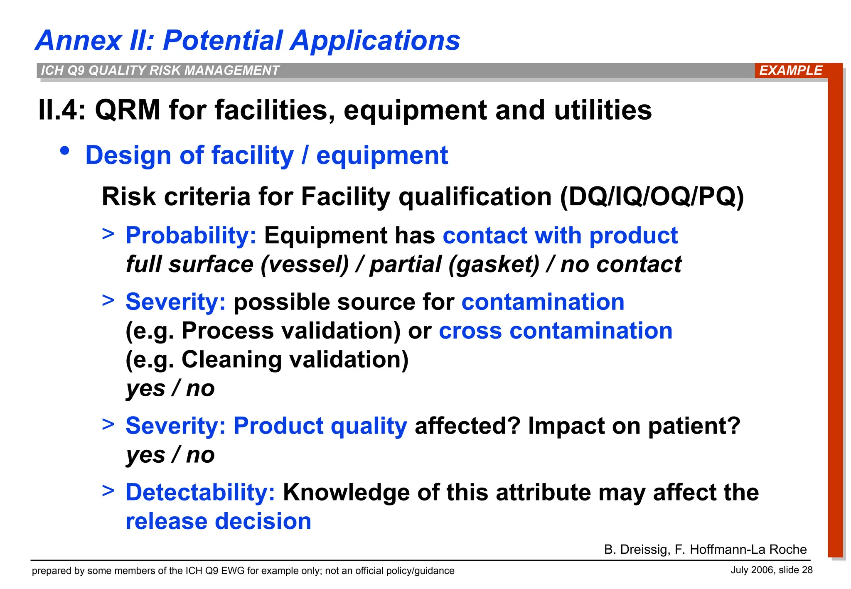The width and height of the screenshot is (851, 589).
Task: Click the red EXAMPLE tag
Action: click(790, 70)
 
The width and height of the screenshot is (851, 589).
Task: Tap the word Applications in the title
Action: click(375, 41)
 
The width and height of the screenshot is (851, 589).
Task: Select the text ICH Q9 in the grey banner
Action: click(64, 70)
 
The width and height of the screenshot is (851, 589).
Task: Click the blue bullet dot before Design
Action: click(64, 151)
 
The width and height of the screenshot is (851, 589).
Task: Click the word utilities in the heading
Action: click(603, 110)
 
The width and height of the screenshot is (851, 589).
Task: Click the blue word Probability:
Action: click(191, 236)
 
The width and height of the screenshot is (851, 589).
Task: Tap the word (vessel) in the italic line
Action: click(305, 265)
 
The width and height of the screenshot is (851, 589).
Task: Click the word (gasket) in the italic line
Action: click(494, 265)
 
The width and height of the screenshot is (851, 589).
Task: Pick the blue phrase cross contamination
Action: click(555, 331)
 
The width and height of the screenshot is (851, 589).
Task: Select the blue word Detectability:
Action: click(200, 492)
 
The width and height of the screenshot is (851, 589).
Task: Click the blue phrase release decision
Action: click(218, 521)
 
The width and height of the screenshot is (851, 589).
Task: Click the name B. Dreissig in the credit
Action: click(636, 550)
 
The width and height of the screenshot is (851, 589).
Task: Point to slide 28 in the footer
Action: click(795, 570)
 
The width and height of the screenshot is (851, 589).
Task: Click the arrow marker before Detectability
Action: click(108, 491)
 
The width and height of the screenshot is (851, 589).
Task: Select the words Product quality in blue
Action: click(320, 426)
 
